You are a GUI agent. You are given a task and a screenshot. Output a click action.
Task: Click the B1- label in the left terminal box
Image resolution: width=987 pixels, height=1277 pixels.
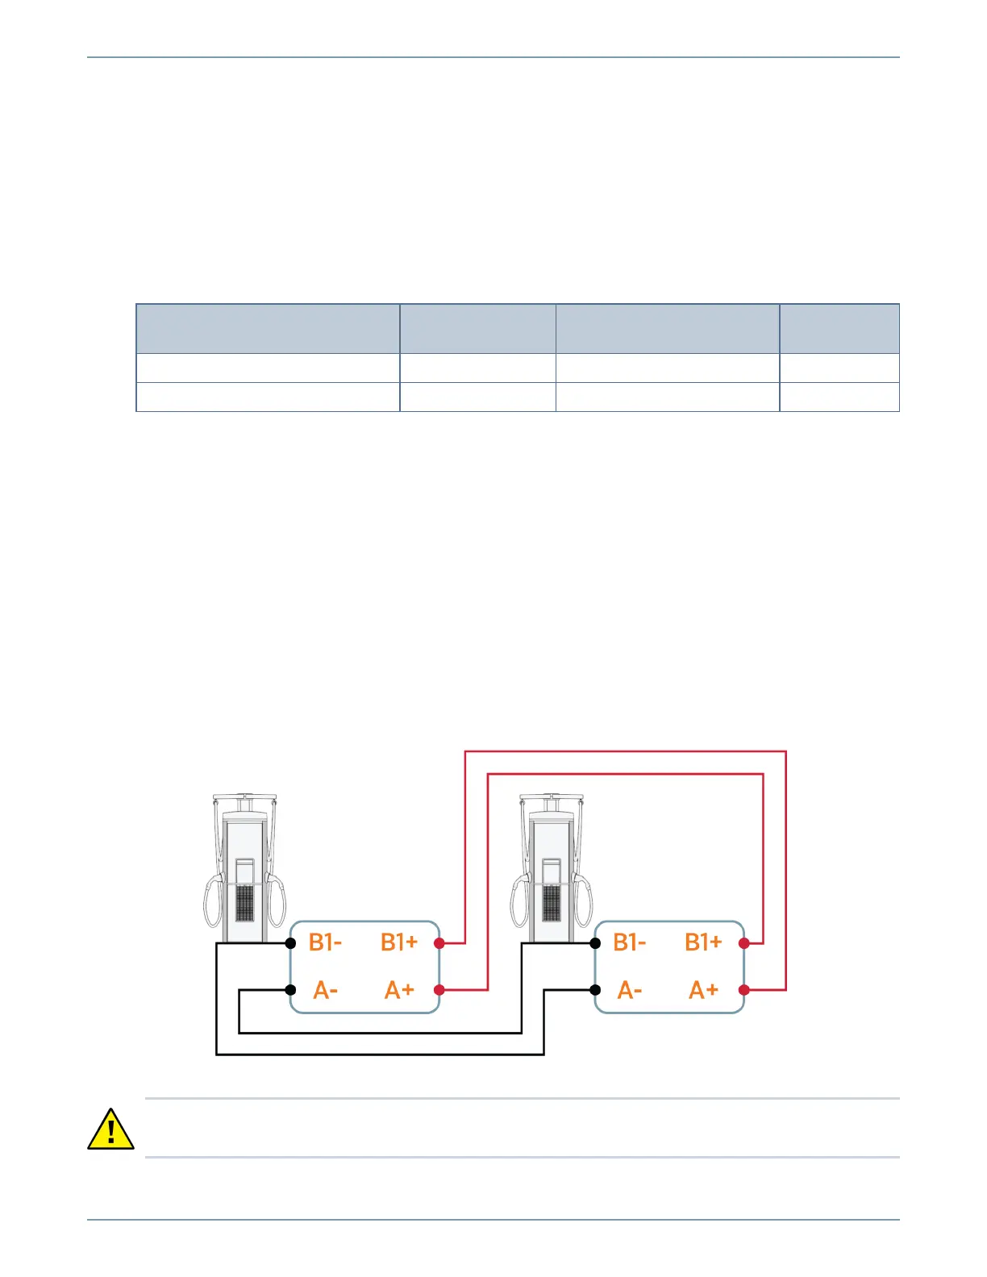325,942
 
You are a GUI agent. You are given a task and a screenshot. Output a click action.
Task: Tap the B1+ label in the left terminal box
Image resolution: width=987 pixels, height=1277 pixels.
399,942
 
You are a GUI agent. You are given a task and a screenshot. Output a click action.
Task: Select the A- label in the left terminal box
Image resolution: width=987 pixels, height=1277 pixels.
325,990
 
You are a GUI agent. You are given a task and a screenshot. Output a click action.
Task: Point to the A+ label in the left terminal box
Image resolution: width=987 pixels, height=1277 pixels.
399,990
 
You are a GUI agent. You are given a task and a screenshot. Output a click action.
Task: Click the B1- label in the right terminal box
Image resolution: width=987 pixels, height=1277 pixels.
629,942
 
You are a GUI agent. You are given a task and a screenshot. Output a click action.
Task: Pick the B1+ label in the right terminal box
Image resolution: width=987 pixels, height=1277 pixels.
703,942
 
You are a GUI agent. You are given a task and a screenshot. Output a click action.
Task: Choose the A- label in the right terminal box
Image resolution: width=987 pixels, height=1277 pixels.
629,990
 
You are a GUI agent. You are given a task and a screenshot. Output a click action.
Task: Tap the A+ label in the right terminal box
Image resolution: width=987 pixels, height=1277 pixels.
703,990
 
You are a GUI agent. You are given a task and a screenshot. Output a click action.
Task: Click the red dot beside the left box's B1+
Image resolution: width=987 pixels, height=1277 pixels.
439,942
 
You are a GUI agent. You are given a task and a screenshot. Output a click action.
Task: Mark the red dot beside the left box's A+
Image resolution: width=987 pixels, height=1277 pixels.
439,990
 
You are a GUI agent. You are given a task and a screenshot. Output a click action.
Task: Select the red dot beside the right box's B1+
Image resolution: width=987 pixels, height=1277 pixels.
743,942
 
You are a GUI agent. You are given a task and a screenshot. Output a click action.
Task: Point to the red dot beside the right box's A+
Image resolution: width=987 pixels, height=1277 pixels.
743,990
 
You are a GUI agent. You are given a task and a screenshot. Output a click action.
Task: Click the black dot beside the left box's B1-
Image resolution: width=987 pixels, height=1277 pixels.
290,942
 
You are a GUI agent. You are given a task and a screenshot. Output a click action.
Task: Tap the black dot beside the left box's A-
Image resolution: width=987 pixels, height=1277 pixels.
290,990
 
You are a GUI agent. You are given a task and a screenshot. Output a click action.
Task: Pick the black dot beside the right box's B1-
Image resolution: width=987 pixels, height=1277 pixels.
595,942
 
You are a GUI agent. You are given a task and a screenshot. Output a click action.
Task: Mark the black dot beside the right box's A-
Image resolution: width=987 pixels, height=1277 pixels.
595,990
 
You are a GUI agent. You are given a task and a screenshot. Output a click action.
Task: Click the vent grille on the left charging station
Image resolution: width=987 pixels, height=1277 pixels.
245,903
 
